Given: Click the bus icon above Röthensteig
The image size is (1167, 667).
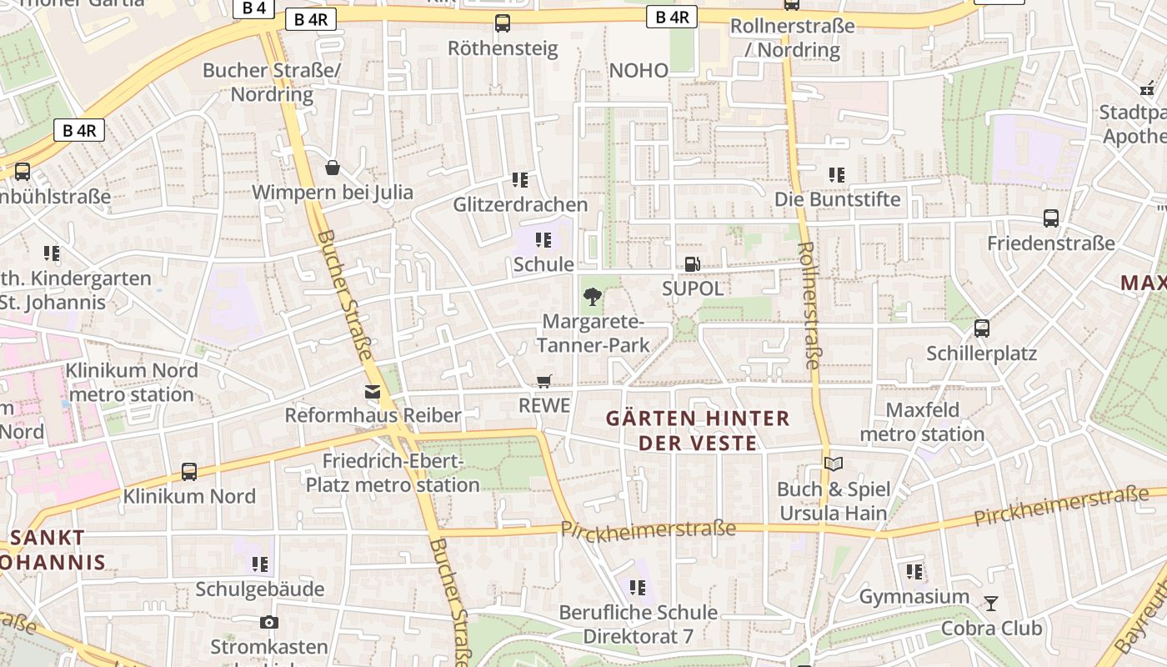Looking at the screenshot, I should pos(503,23).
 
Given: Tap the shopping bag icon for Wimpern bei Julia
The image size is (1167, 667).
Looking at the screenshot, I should pos(333,168).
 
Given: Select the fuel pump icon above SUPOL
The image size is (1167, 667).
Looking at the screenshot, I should pos(692,264).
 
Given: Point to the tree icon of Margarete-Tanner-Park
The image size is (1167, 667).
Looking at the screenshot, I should pos(593,296).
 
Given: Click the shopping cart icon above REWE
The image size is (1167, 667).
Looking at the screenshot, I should pos(544,381).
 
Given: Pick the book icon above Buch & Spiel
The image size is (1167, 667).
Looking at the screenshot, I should pos(834,464).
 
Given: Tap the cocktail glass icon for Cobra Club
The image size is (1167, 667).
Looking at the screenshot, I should pos(991,603).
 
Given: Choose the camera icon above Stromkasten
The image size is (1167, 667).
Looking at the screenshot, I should pos(268,622).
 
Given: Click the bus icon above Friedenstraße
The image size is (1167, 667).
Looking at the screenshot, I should pos(1051,218).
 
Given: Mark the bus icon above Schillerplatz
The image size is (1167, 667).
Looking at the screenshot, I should pos(982,328).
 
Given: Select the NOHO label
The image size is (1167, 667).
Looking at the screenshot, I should pos(639,71).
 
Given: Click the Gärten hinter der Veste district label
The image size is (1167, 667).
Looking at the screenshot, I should pos(698,430).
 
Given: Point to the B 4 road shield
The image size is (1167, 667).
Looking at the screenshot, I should pos(253,9).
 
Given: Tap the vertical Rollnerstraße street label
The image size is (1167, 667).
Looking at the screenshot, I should pos(809,305).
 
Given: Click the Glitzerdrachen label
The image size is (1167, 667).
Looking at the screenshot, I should pos(520,204).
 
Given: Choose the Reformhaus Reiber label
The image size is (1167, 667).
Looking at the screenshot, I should pos(373,415).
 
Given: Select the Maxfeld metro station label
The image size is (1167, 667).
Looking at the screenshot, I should pos(922,422).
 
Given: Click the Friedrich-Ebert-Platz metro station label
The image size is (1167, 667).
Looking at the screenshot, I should pos(393,473).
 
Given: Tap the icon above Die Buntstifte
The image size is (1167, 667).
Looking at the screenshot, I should pos(837,175).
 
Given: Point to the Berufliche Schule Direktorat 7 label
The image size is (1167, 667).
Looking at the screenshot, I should pos(638,624).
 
